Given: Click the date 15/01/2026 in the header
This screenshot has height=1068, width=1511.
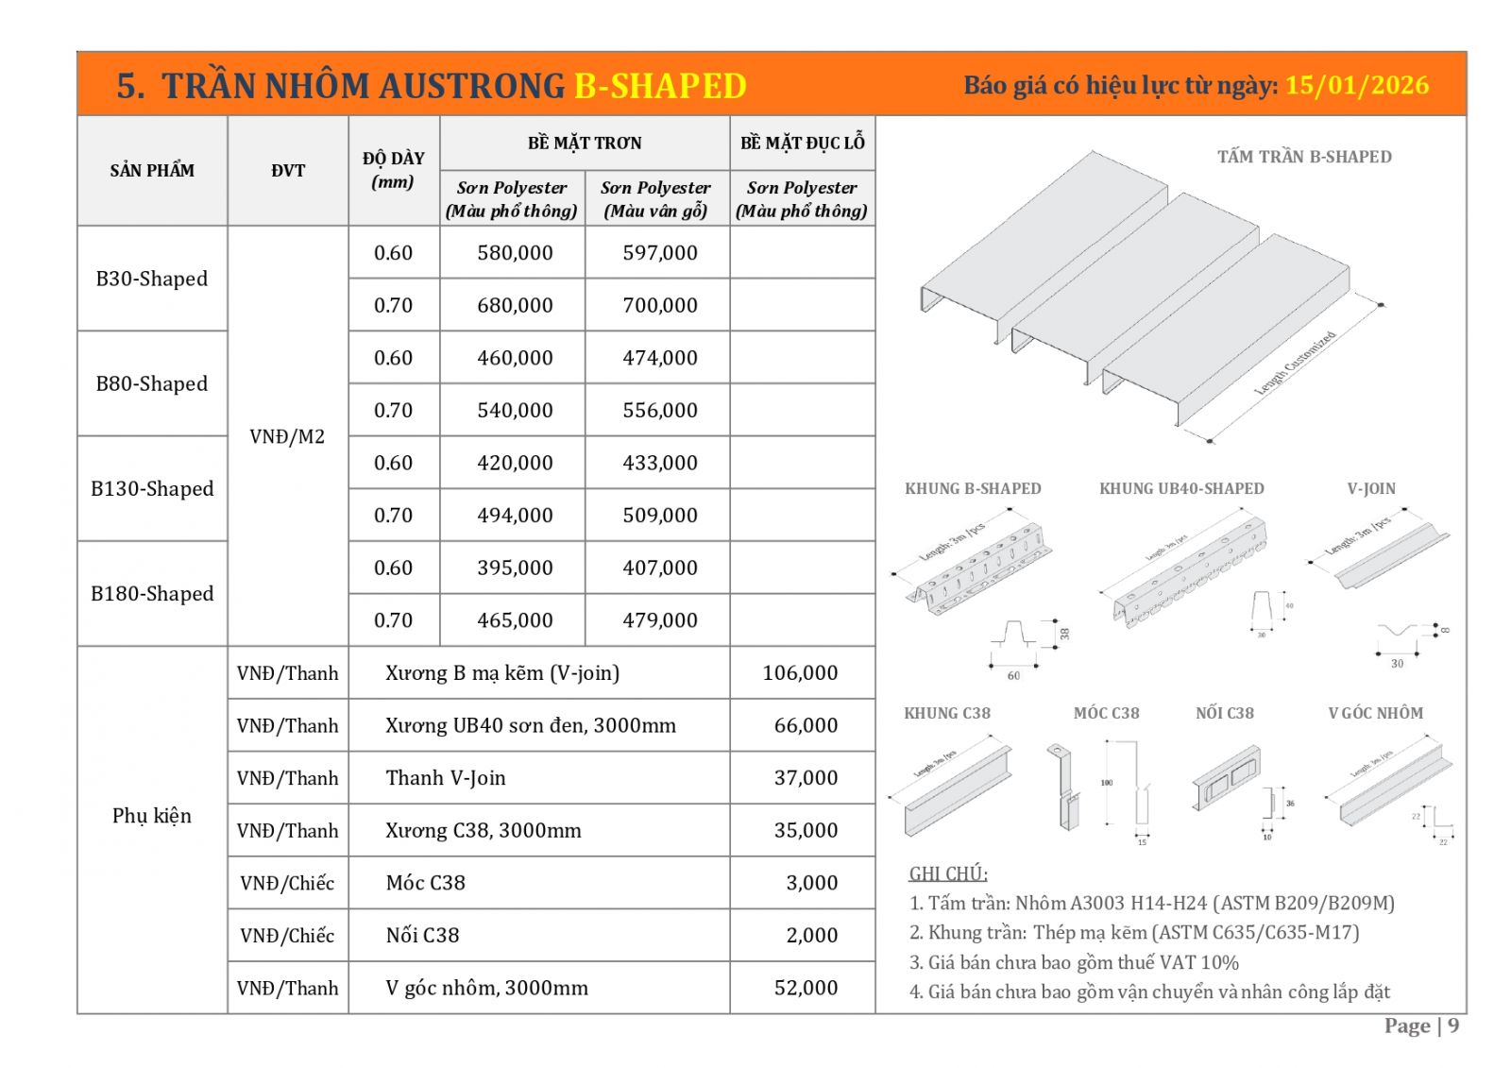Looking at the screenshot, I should pyautogui.click(x=1356, y=85).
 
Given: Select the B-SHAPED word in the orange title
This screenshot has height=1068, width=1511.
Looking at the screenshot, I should pyautogui.click(x=660, y=86).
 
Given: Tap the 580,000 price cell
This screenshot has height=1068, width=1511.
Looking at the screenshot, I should pyautogui.click(x=515, y=253).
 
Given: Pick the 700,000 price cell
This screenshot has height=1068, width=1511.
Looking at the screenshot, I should pyautogui.click(x=659, y=305).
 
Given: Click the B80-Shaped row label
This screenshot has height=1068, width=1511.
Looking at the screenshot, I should pyautogui.click(x=152, y=383).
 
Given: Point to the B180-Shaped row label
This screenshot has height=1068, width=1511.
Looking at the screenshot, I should pyautogui.click(x=152, y=593).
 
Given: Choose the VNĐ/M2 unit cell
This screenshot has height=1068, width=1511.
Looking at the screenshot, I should pyautogui.click(x=287, y=436).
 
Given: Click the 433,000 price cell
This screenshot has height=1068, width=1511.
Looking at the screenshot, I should pyautogui.click(x=659, y=463).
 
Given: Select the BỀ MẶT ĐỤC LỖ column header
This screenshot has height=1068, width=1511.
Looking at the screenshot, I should pyautogui.click(x=802, y=143).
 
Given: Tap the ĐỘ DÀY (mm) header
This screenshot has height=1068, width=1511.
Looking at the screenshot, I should pyautogui.click(x=393, y=170).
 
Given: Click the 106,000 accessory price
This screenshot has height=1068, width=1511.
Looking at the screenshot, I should pyautogui.click(x=800, y=672).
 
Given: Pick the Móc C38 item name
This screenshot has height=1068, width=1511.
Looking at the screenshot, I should pyautogui.click(x=425, y=883).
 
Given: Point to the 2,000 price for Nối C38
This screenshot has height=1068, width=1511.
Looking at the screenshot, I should pyautogui.click(x=811, y=935).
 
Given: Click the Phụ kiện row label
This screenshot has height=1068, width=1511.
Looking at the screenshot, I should pyautogui.click(x=152, y=815).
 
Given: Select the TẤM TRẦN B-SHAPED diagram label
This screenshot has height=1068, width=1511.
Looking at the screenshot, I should pyautogui.click(x=1303, y=157).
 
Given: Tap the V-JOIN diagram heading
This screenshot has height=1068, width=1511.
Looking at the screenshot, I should pyautogui.click(x=1370, y=488).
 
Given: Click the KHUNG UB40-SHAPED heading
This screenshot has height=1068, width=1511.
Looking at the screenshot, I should pyautogui.click(x=1180, y=488).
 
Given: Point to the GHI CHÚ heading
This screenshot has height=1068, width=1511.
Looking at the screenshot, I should pyautogui.click(x=947, y=873).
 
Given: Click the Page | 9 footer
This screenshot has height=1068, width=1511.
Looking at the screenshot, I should pyautogui.click(x=1420, y=1026).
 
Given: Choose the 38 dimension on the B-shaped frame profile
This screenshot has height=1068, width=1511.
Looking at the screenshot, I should pyautogui.click(x=1064, y=633).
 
